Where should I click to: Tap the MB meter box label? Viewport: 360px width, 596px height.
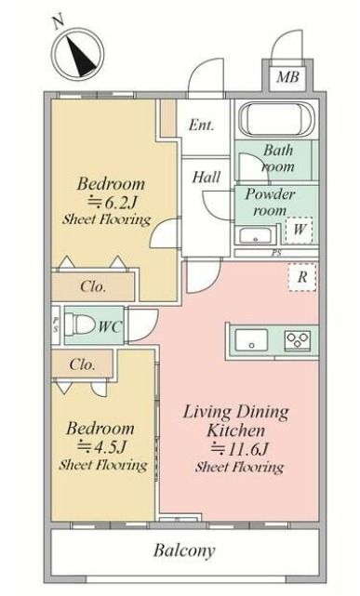point(287,77)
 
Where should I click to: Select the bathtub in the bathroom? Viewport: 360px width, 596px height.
point(276,119)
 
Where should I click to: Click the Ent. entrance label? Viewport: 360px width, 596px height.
point(202,125)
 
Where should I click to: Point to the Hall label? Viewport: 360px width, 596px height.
point(207,178)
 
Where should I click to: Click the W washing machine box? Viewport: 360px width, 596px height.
point(300,230)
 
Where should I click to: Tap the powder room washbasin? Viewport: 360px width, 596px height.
point(256,235)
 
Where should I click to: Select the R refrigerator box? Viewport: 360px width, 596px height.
point(301,277)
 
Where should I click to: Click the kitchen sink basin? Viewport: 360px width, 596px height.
point(251,339)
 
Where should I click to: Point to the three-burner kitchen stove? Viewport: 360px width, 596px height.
point(298,339)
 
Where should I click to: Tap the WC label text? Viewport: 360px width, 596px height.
point(111,327)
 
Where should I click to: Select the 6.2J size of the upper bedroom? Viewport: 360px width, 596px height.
point(113,202)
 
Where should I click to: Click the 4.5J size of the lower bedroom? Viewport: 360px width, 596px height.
point(102,447)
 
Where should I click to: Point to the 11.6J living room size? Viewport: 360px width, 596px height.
point(240,449)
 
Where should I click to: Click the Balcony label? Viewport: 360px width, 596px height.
point(184,550)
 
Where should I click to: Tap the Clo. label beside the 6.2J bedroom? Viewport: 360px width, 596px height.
point(93,286)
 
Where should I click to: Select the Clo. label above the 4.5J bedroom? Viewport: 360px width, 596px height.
point(82,364)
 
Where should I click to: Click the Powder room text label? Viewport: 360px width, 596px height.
point(270,202)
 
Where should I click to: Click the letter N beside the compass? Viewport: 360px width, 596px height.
point(59,23)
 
